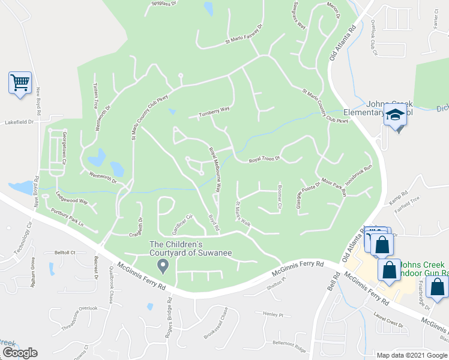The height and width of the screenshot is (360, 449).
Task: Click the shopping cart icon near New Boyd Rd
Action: (20, 83)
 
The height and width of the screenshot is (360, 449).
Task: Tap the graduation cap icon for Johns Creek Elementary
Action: (395, 115)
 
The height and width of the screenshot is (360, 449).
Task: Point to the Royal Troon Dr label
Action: (265, 159)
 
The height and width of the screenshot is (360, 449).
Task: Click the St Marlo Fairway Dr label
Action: (244, 35)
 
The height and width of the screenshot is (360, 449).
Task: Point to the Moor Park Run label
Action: (334, 187)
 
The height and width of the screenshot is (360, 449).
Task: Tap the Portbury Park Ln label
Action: (67, 215)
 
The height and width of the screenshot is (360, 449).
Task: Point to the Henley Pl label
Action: (272, 314)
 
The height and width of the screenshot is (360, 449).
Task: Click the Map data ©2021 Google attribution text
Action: (412, 355)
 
